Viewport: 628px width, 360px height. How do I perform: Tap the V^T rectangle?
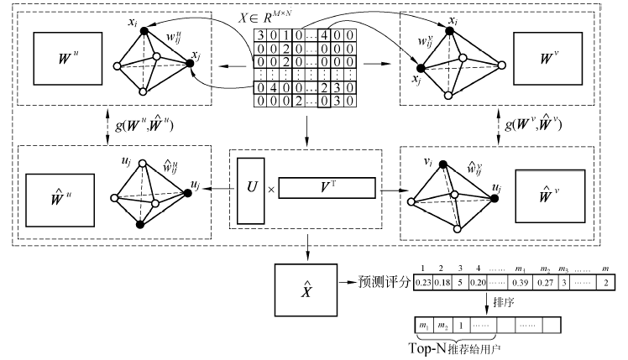(x=326, y=187)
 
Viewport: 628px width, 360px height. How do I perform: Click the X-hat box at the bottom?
(x=306, y=290)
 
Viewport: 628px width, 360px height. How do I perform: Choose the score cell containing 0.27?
(x=547, y=283)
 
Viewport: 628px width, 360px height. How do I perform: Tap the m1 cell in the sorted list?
(x=423, y=323)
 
